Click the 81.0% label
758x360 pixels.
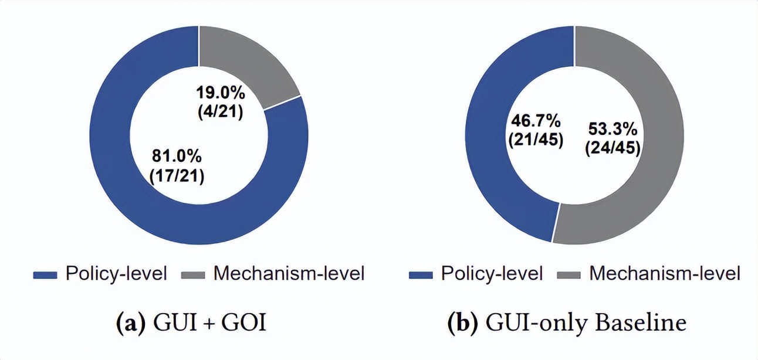(177, 157)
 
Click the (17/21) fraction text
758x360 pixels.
(177, 176)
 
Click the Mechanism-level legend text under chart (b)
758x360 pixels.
(665, 273)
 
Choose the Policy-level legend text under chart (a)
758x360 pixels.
(116, 273)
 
